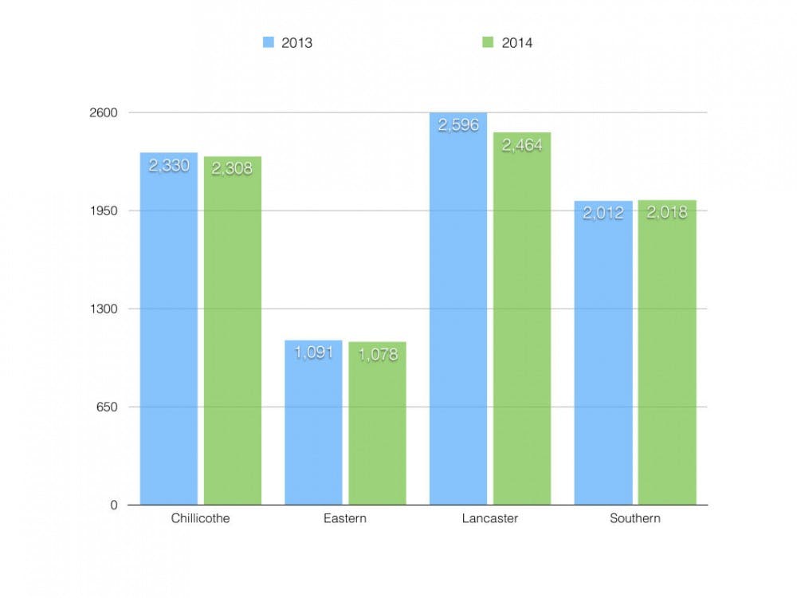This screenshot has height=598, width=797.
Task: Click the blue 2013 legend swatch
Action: [269, 42]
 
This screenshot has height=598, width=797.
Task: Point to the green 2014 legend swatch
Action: [489, 42]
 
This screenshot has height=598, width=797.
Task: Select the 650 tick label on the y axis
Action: [107, 407]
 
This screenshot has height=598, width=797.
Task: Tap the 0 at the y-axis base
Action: [114, 505]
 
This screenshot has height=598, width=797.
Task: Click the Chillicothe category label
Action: [200, 519]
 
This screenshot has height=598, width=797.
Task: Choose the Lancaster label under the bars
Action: [490, 519]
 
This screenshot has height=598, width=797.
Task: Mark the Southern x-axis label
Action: [635, 519]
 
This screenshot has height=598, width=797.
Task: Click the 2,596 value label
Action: [458, 125]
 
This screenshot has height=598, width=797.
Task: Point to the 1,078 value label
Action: [377, 354]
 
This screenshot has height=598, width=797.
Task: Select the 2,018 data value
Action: [667, 213]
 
